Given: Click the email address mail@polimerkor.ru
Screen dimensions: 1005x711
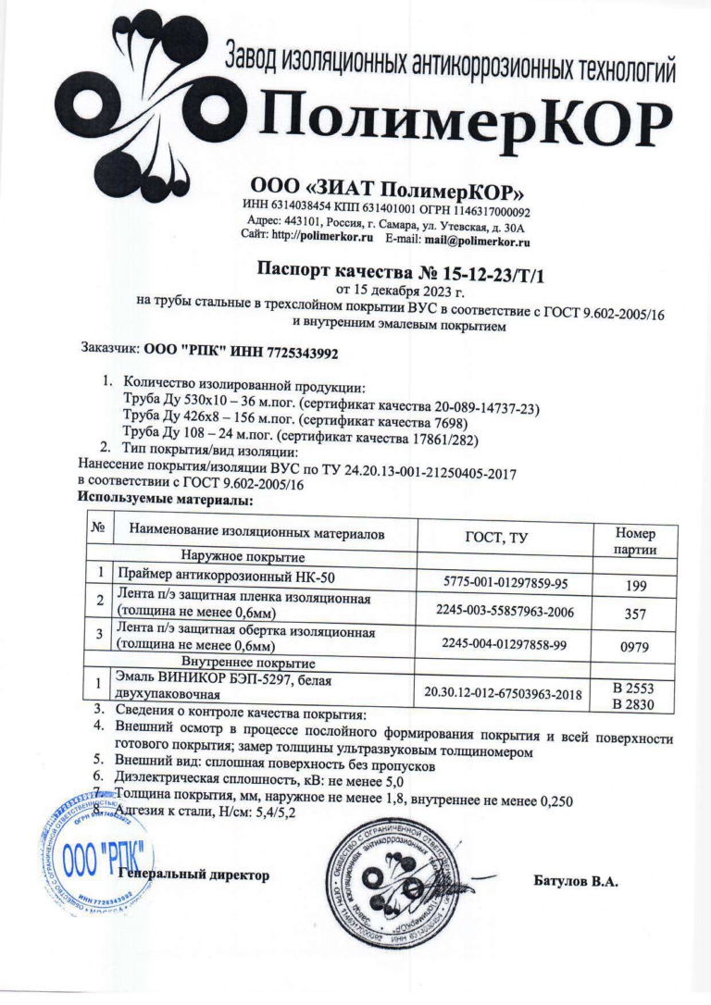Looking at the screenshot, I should coord(477,240).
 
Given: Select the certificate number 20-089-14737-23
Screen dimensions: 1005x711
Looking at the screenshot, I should coord(480,407).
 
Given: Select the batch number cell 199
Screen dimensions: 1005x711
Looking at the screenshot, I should coord(634,585).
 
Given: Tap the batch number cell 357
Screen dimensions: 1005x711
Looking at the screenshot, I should coord(634,613).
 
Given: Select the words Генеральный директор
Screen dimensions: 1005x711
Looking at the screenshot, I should coord(195,875).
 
